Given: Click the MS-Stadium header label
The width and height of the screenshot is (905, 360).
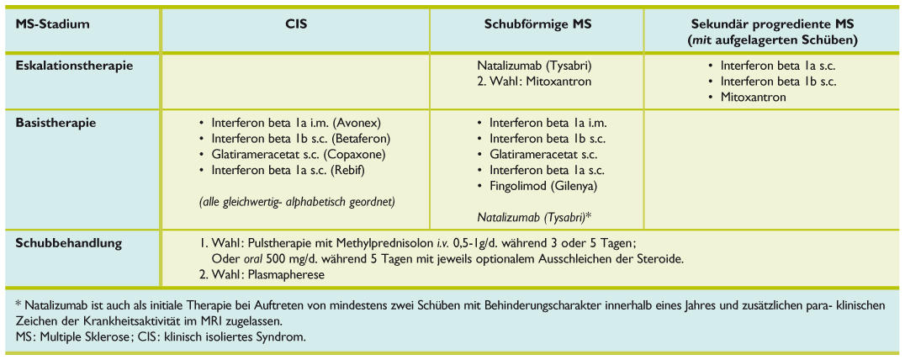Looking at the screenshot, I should coord(52,24).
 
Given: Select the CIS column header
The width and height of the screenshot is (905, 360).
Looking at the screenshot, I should coord(296,24).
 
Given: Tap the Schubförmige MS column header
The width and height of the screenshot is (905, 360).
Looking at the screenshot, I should coord(538,24).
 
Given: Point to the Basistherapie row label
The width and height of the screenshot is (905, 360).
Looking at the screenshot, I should coord(56,122).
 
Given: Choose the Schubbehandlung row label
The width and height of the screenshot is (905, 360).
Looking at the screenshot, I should coord(69,244).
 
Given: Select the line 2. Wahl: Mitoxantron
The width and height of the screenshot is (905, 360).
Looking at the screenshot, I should coord(532,82).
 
